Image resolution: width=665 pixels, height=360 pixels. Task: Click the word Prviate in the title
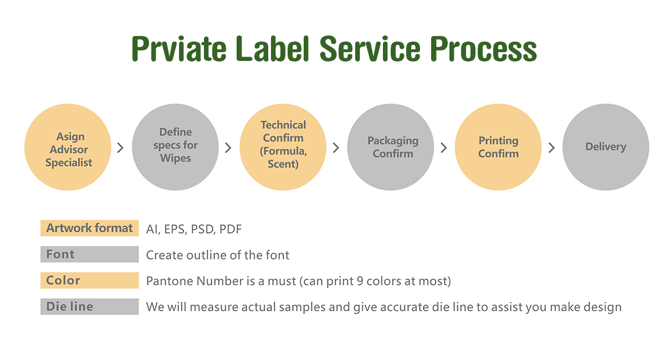pyautogui.click(x=179, y=48)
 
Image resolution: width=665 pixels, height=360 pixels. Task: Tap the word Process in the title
pyautogui.click(x=483, y=48)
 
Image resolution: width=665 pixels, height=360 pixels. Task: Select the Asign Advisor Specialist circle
pyautogui.click(x=68, y=147)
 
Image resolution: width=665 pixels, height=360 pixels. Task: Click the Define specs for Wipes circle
pyautogui.click(x=176, y=147)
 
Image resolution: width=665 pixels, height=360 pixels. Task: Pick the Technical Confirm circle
pyautogui.click(x=283, y=147)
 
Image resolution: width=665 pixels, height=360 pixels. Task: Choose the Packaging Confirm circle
pyautogui.click(x=391, y=147)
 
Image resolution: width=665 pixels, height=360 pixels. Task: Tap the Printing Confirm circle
pyautogui.click(x=498, y=147)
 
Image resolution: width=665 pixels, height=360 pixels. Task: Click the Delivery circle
pyautogui.click(x=606, y=147)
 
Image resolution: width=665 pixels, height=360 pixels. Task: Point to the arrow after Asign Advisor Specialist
pyautogui.click(x=120, y=147)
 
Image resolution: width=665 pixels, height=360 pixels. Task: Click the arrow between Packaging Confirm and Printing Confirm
pyautogui.click(x=443, y=147)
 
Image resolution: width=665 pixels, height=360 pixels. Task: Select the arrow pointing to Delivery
pyautogui.click(x=551, y=147)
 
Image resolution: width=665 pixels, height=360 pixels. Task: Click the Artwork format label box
pyautogui.click(x=89, y=228)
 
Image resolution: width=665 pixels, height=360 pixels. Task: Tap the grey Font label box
pyautogui.click(x=89, y=254)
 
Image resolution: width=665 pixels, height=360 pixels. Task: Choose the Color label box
pyautogui.click(x=89, y=280)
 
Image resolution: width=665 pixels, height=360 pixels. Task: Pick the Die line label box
pyautogui.click(x=89, y=306)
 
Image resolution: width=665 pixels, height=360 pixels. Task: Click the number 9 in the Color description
pyautogui.click(x=360, y=281)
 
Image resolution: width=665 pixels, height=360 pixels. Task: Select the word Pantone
pyautogui.click(x=170, y=281)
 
